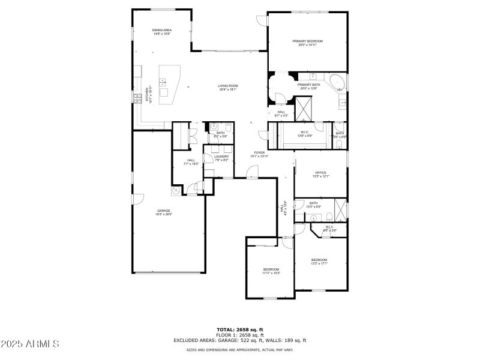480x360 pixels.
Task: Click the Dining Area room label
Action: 161,32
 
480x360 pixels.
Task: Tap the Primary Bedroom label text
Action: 307,43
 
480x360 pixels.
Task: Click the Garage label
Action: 164,212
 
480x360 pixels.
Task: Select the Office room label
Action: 320,174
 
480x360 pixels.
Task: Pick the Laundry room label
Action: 221,158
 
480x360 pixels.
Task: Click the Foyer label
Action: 259,154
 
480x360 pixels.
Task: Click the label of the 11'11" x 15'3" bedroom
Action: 271,271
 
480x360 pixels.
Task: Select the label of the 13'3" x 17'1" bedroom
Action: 319,262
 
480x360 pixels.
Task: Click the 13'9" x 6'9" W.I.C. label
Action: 304,134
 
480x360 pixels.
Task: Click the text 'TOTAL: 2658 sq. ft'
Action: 240,329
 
